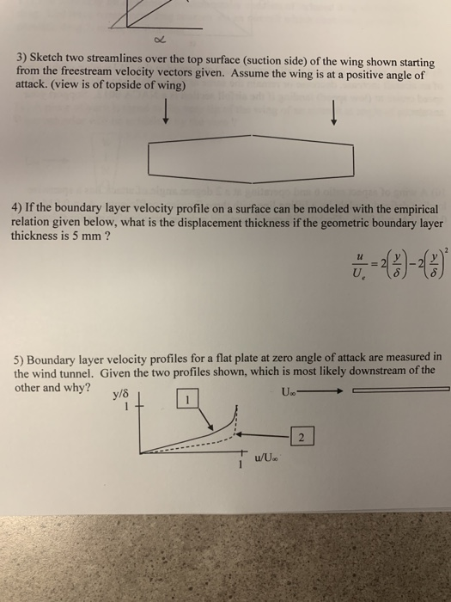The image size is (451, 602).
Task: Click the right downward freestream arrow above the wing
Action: click(x=333, y=112)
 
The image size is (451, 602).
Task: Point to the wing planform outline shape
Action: click(x=251, y=157)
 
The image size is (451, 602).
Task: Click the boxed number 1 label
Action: click(x=187, y=401)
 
